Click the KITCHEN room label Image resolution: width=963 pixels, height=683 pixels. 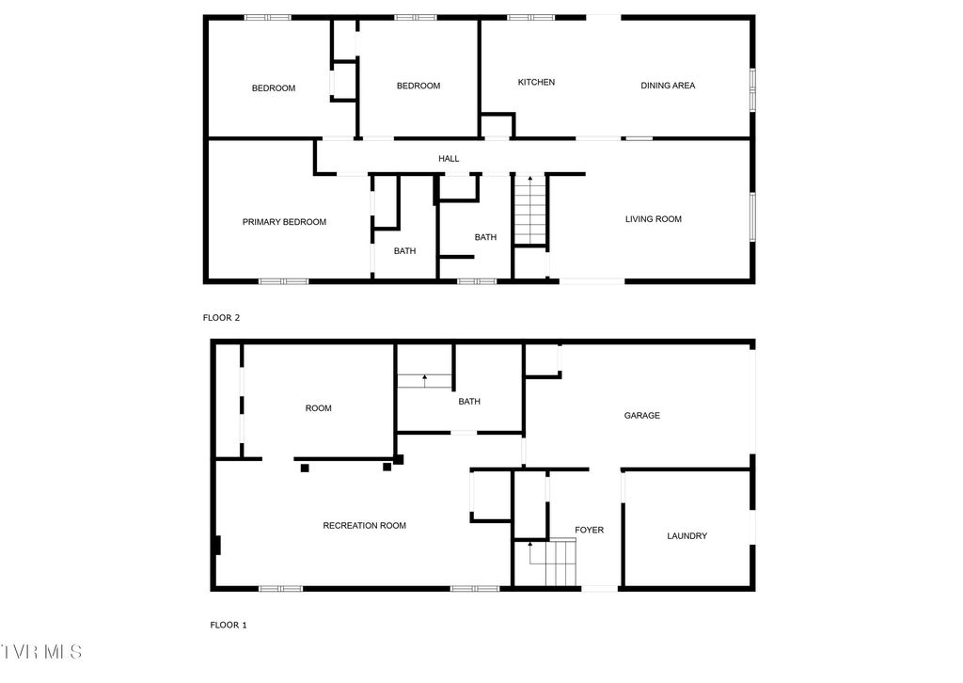pyautogui.click(x=536, y=83)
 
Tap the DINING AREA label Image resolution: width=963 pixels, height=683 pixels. pyautogui.click(x=668, y=86)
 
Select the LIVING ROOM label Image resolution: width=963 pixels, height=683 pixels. pyautogui.click(x=654, y=219)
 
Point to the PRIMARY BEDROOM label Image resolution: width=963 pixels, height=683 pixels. pyautogui.click(x=284, y=222)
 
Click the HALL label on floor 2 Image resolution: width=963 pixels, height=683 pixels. pyautogui.click(x=449, y=159)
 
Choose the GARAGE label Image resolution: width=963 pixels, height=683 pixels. pyautogui.click(x=642, y=415)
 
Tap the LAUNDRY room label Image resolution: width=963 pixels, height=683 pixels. pyautogui.click(x=687, y=536)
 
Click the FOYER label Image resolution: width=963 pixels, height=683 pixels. pyautogui.click(x=590, y=530)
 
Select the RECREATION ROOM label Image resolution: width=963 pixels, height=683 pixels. pyautogui.click(x=364, y=525)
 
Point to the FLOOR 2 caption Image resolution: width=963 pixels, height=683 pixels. pyautogui.click(x=222, y=318)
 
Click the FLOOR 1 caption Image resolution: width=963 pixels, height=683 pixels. pyautogui.click(x=228, y=625)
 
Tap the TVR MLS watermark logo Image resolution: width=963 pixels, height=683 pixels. pyautogui.click(x=41, y=651)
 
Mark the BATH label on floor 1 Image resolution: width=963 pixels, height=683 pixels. pyautogui.click(x=469, y=402)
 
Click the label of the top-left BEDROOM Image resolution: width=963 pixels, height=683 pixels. pyautogui.click(x=273, y=88)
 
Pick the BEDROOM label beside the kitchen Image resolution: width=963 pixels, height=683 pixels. pyautogui.click(x=418, y=86)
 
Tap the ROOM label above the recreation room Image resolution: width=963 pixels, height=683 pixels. pyautogui.click(x=319, y=408)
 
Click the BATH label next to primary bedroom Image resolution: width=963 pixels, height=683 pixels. pyautogui.click(x=404, y=251)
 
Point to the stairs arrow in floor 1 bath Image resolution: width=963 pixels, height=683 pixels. pyautogui.click(x=424, y=380)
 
